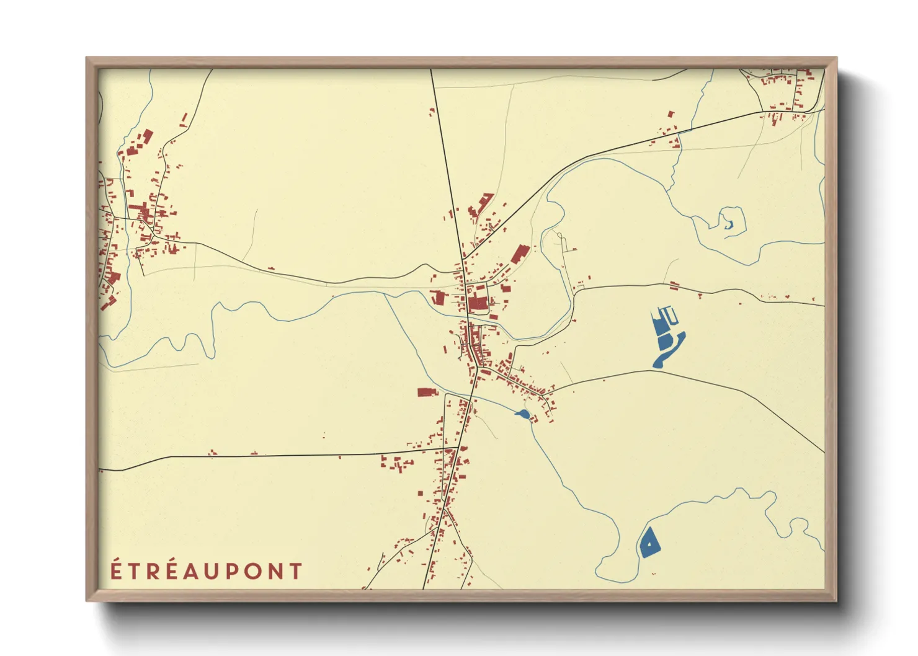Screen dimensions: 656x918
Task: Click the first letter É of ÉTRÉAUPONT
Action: point(115,570)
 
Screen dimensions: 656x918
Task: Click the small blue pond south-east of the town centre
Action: point(523,414)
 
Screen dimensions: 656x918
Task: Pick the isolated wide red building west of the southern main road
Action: point(427,392)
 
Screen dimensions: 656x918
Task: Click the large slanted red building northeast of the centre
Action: point(520,254)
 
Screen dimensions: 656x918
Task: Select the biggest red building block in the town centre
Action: point(478,304)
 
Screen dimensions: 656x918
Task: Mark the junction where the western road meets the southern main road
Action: point(458,447)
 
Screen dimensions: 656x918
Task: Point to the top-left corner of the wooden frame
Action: point(87,58)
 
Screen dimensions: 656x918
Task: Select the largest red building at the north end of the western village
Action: point(148,135)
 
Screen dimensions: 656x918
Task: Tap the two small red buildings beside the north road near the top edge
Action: point(432,112)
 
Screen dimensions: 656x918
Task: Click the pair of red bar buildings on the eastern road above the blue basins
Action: point(674,286)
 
